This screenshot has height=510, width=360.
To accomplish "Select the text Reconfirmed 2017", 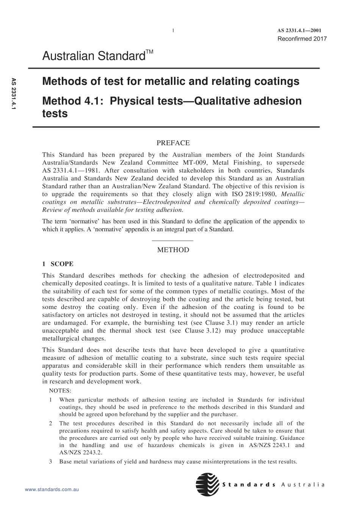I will (x=302, y=39).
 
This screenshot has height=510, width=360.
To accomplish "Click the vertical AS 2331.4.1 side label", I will (x=14, y=94).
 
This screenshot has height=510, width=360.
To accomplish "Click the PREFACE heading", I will (x=173, y=143).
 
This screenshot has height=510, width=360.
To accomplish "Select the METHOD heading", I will (x=173, y=250).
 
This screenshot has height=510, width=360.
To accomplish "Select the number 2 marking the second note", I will (x=51, y=423).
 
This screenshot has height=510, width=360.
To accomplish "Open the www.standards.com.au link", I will (x=52, y=490).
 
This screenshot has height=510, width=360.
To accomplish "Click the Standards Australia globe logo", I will (x=208, y=485).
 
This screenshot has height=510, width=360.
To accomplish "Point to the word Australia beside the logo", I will (x=303, y=485).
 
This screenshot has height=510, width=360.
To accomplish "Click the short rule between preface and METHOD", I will (x=173, y=241).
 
